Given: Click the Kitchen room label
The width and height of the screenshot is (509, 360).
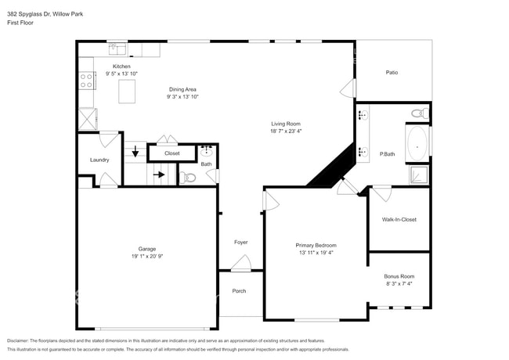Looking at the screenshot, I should click(x=121, y=67).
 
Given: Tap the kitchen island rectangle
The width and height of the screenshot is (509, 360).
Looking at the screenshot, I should click(x=127, y=92).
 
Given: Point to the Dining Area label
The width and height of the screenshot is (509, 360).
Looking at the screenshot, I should click(x=183, y=89).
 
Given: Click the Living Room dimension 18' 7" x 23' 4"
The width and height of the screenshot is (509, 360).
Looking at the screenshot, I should click(x=286, y=132).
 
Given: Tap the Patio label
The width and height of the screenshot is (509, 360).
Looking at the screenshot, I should click(x=392, y=73).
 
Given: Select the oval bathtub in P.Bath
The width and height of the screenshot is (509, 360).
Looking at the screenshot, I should click(x=418, y=143).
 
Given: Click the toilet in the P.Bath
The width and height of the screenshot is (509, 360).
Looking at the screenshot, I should click(x=418, y=114).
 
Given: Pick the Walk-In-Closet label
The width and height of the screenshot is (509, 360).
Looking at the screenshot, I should click(x=399, y=219).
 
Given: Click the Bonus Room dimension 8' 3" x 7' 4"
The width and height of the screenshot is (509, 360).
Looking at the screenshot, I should click(x=399, y=284).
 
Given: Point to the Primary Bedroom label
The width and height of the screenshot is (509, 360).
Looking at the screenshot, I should click(x=316, y=244).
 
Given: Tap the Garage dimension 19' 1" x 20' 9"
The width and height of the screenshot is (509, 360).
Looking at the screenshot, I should click(x=146, y=257).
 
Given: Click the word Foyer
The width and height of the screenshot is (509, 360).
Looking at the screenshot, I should click(x=241, y=242).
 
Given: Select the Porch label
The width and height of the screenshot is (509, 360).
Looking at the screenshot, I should click(x=239, y=291).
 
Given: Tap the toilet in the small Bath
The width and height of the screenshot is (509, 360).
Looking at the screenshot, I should click(x=188, y=178).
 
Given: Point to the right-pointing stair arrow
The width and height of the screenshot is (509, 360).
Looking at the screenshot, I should click(x=159, y=175).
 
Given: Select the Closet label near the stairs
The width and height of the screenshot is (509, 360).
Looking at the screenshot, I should click(x=171, y=153).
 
